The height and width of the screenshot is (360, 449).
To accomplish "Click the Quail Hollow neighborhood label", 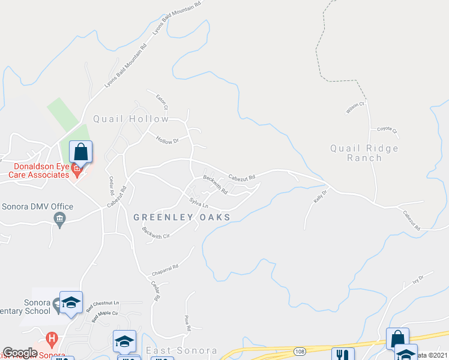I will pyautogui.click(x=131, y=119).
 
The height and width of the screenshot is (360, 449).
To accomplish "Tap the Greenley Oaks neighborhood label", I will pyautogui.click(x=181, y=217).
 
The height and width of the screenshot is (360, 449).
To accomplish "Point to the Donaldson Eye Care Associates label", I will pyautogui.click(x=35, y=170).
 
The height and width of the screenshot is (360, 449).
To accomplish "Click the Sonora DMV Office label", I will pyautogui.click(x=37, y=207).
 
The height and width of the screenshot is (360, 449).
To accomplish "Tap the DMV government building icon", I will pyautogui.click(x=60, y=220).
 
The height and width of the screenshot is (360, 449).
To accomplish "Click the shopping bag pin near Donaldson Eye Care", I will pyautogui.click(x=80, y=151).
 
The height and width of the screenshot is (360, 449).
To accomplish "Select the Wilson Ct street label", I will pyautogui.click(x=356, y=107).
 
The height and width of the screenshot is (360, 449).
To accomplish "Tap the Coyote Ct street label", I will pyautogui.click(x=387, y=130).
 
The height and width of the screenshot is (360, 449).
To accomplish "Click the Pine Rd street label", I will pyautogui.click(x=187, y=325).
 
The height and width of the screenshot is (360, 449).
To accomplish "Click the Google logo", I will pyautogui.click(x=20, y=353).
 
